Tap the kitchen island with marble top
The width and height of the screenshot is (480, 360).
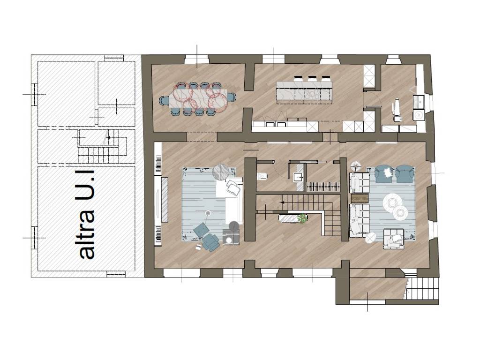click(x=304, y=92)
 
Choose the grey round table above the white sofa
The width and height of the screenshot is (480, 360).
click(x=221, y=172)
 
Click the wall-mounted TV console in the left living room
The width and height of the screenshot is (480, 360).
click(x=165, y=199)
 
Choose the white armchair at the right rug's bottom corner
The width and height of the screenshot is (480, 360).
click(x=393, y=238)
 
